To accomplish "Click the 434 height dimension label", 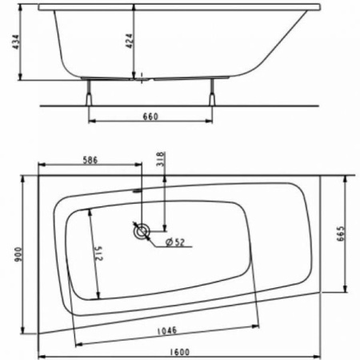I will (x=8, y=40).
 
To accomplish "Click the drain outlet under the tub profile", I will (x=142, y=79).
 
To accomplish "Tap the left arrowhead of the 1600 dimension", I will (x=42, y=356).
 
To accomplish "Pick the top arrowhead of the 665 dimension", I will (x=345, y=178).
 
